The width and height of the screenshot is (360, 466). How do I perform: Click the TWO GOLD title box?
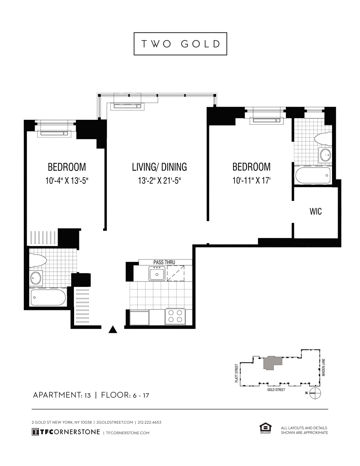tap(180, 44)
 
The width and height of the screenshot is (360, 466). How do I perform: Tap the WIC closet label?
tap(316, 211)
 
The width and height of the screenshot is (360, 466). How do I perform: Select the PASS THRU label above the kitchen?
tap(164, 262)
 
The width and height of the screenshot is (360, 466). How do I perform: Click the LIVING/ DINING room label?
tap(159, 167)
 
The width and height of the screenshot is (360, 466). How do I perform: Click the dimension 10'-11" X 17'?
tap(251, 180)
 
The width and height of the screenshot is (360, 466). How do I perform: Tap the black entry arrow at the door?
tap(113, 330)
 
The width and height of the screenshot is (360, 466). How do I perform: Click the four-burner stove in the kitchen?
tap(175, 317)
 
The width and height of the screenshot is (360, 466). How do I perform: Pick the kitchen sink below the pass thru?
tap(157, 274)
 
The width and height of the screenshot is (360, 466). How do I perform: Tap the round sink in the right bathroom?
tap(325, 154)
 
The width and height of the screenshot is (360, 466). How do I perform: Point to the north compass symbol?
tap(316, 393)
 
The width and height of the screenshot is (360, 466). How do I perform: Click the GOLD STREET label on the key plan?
tap(276, 390)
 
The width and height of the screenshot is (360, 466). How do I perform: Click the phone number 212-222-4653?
tap(149, 422)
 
